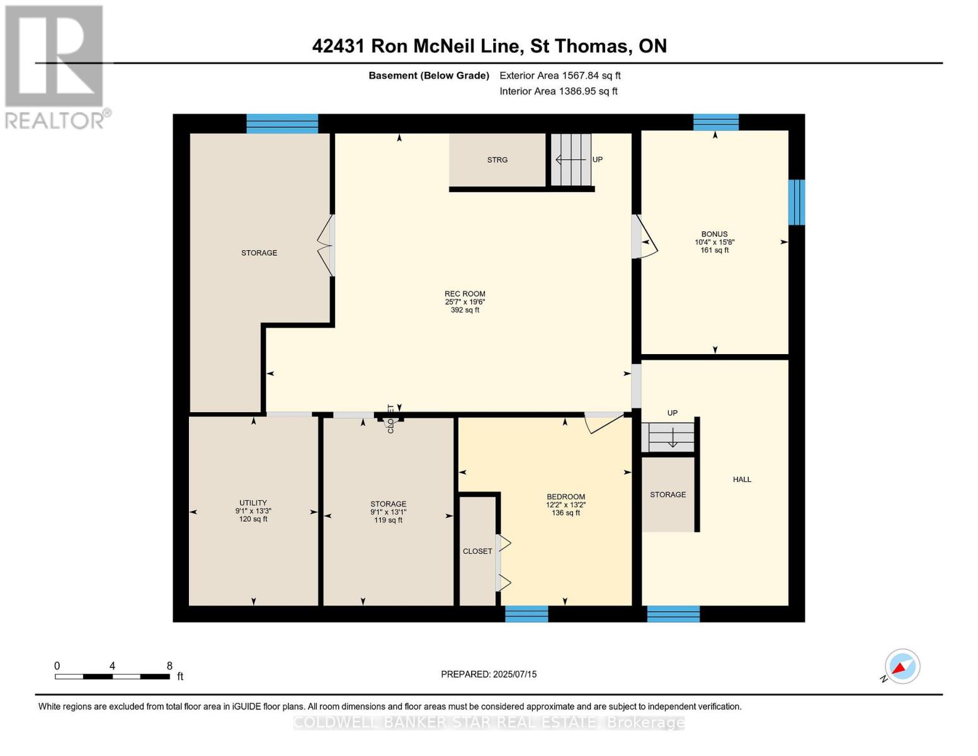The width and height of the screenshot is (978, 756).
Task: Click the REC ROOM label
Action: click(x=465, y=294)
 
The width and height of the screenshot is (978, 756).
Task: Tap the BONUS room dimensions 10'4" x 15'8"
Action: click(x=715, y=242)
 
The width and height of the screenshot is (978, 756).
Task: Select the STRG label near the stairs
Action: click(x=497, y=160)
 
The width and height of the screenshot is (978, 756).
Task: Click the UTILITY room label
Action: click(x=253, y=503)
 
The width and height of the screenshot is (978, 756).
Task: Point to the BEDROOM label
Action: click(x=566, y=496)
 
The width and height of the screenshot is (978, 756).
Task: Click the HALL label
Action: click(x=742, y=479)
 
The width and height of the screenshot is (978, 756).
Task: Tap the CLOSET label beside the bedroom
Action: click(x=477, y=551)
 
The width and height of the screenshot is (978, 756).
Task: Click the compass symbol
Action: click(x=902, y=667)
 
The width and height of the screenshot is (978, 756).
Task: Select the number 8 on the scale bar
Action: click(x=169, y=666)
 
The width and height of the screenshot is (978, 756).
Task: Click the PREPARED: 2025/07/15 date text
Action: click(x=489, y=674)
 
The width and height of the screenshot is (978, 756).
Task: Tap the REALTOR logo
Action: click(x=55, y=66)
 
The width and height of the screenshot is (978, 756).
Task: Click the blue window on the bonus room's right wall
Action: click(x=797, y=202)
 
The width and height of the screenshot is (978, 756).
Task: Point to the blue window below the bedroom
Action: click(x=526, y=614)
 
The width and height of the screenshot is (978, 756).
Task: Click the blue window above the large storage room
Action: click(x=282, y=123)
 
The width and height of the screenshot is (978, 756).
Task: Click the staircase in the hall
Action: click(x=671, y=435)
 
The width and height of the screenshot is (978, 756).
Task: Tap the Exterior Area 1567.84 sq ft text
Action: click(x=560, y=76)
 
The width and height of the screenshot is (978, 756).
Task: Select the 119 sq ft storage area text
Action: click(x=388, y=520)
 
